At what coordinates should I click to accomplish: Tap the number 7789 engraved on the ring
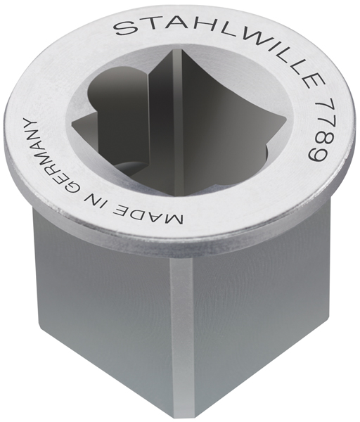[315, 133]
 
